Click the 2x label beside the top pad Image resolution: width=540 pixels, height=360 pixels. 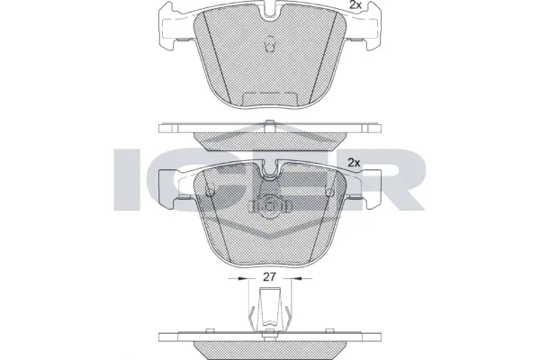355,6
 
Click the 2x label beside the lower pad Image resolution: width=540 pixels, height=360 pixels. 354,162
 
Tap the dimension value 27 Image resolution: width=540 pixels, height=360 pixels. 269,279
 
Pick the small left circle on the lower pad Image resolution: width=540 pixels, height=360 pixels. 209,191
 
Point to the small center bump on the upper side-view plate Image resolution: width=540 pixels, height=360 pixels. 269,123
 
